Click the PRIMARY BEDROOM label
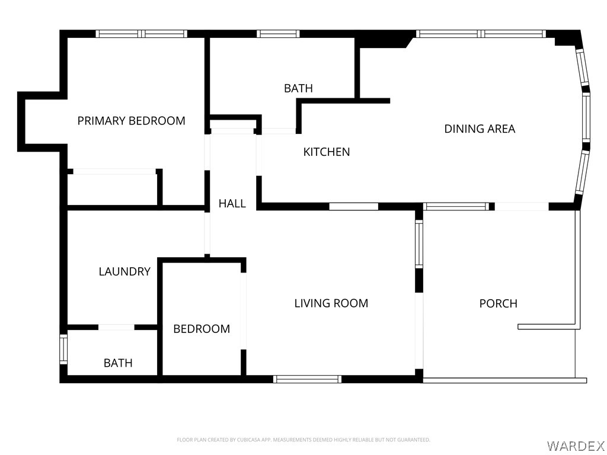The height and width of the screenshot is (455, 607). coord(131,121)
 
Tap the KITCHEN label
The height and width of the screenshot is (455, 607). coord(327,152)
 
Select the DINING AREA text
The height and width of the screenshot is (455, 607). coord(480,129)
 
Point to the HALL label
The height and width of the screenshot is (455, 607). coord(232,204)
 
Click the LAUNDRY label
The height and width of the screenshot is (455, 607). coord(124,271)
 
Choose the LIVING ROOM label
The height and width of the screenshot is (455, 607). coord(331,303)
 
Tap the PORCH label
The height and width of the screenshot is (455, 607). coord(498,303)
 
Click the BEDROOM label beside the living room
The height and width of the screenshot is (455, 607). coord(202,329)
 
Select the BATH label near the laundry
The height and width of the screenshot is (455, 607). coord(118,363)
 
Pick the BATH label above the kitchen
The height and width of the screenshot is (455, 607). coord(299,88)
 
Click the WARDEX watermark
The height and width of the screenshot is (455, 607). coord(576,446)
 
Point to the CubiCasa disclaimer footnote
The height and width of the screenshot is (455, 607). coord(303,440)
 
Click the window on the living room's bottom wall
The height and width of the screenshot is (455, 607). coord(308,379)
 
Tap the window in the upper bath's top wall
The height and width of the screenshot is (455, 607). coord(278,34)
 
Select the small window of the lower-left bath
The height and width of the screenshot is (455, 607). coord(63,350)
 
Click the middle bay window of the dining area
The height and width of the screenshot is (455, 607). coord(586,117)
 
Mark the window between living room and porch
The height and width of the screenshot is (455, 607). coord(419,243)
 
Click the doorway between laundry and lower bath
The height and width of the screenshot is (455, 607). coord(116,327)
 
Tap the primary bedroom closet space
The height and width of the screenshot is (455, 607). coord(112,190)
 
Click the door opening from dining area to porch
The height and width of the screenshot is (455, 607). coord(522,206)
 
